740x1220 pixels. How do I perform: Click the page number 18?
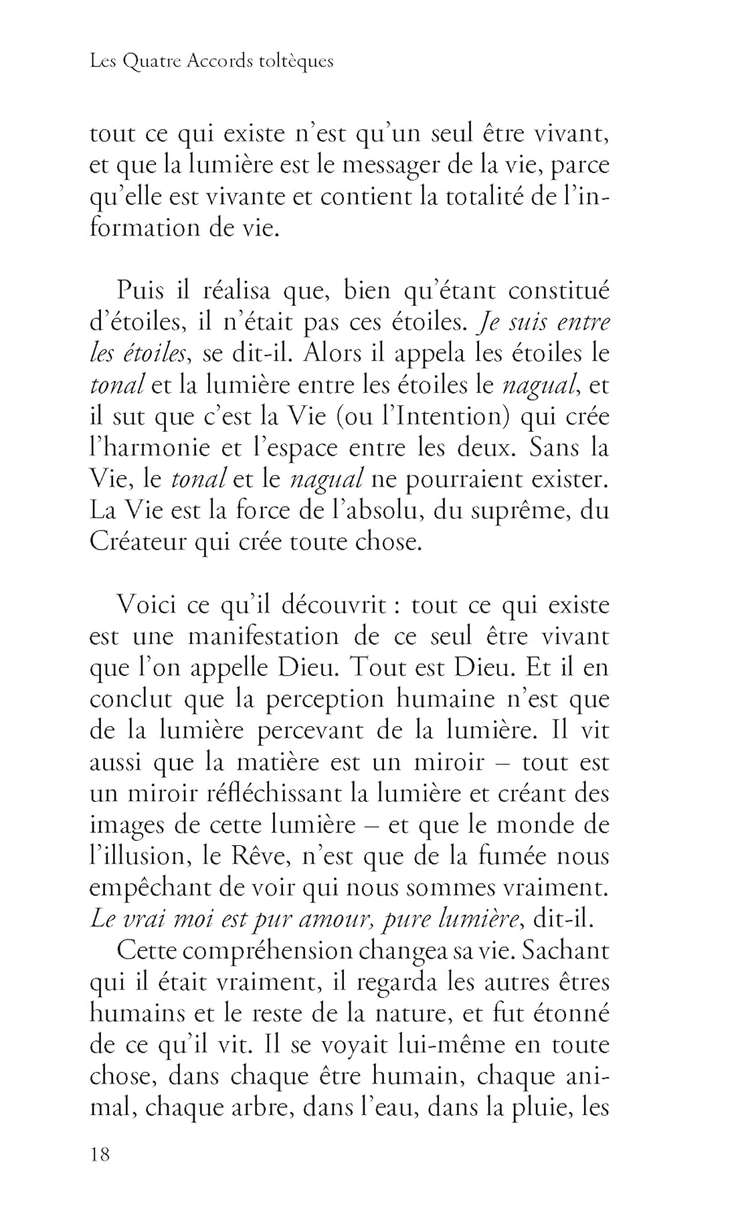[x=100, y=1155]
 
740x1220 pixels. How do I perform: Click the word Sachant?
[x=559, y=951]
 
